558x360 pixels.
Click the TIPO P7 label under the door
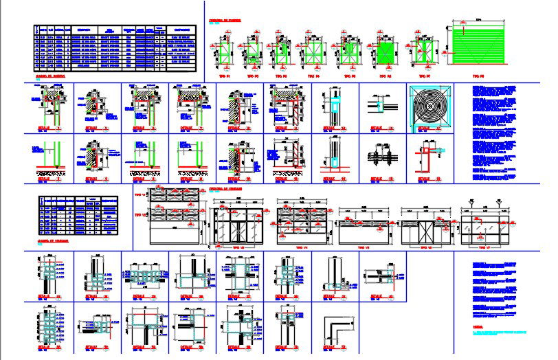click(x=425, y=76)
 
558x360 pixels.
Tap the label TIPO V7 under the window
click(x=486, y=246)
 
